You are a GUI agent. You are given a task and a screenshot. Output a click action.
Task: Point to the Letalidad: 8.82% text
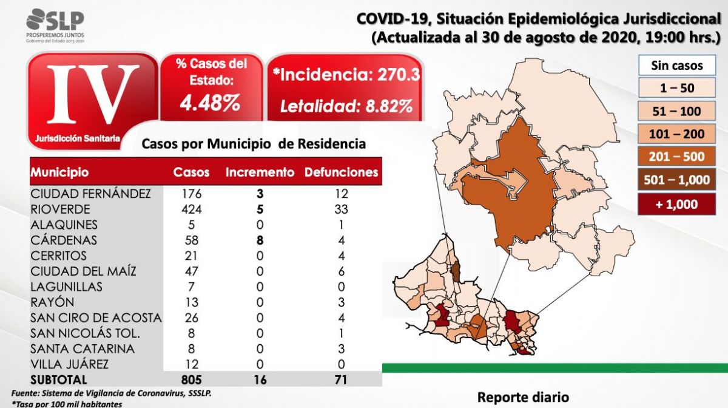(346, 106)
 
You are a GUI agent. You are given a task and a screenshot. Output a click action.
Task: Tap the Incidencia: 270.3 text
(346, 75)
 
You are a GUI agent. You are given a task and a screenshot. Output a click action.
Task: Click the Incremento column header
(260, 172)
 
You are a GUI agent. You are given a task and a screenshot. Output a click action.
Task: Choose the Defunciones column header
(341, 172)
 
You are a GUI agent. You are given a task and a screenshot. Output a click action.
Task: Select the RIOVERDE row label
(60, 209)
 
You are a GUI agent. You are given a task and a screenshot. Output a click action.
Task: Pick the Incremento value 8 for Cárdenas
(260, 240)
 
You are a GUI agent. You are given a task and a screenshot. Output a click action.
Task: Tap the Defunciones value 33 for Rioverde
(341, 209)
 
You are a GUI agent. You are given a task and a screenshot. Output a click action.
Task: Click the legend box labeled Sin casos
(677, 66)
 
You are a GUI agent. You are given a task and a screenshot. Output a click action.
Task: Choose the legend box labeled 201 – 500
(677, 157)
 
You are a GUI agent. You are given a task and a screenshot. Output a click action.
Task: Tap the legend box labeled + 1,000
(677, 205)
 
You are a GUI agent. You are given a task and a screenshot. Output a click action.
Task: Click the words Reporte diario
(524, 397)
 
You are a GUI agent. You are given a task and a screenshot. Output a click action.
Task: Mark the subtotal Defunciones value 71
(341, 379)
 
